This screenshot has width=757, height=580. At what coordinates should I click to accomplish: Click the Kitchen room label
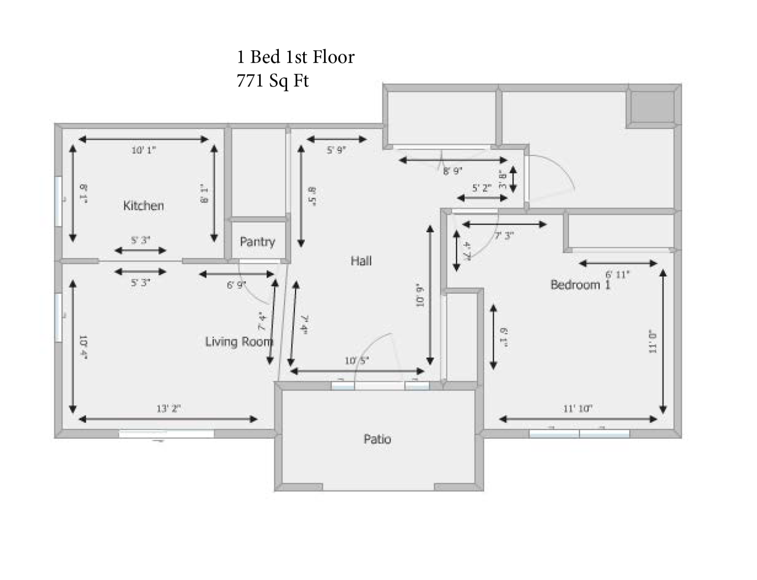(143, 205)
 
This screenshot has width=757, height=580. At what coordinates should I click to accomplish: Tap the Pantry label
(257, 241)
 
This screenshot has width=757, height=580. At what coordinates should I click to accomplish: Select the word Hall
(361, 261)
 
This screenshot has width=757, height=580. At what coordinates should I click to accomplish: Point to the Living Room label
(239, 341)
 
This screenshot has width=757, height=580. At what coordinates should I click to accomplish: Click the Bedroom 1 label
(580, 285)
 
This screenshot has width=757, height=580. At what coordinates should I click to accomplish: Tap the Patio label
(377, 439)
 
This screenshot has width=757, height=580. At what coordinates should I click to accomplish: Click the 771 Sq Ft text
(272, 81)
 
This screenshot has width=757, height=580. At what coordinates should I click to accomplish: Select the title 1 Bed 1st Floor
(295, 57)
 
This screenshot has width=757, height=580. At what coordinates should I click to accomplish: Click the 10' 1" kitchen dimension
(144, 150)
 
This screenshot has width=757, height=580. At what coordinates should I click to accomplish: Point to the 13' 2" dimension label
(168, 408)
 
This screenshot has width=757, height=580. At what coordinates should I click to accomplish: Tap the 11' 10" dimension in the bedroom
(578, 408)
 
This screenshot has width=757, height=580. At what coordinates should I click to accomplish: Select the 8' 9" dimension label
(452, 171)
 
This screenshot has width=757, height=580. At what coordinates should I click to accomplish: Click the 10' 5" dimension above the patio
(357, 361)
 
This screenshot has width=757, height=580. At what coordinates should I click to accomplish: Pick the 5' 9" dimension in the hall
(336, 150)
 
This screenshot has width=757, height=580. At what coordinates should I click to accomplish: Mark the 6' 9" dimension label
(236, 285)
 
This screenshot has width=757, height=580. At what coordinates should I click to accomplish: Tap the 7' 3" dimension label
(504, 236)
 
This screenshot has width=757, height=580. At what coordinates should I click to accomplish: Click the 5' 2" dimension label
(481, 188)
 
